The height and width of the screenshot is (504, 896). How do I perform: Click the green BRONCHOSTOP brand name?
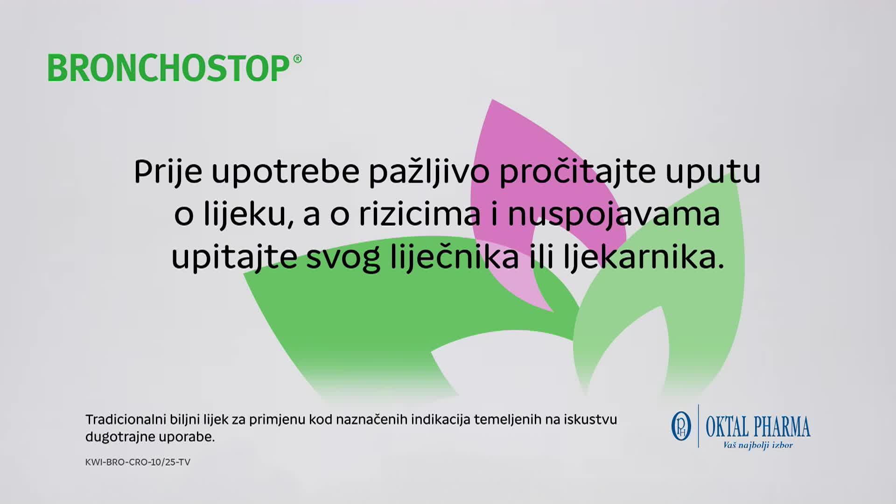pos(169,68)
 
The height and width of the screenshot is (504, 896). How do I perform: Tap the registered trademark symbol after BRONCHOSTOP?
pos(297,59)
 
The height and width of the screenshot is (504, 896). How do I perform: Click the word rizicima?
pos(420,214)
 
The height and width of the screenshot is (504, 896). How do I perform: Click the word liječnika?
pos(454,257)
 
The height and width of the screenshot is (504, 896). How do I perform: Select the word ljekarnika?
pos(644,257)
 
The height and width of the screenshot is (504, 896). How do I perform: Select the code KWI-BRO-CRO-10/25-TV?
pos(138,462)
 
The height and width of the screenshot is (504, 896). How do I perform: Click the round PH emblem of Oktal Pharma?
pos(681,426)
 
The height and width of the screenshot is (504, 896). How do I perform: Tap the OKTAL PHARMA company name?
pos(758,427)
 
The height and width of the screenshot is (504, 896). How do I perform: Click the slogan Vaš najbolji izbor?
pos(758,445)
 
